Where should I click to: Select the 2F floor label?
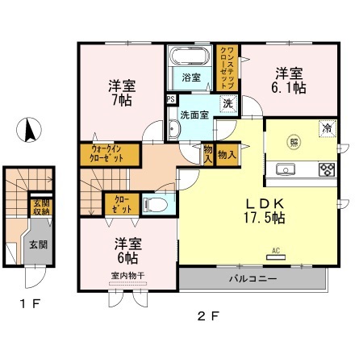(x=208, y=315)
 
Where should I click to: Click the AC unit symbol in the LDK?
(x=276, y=254)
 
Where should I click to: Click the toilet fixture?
(x=157, y=207)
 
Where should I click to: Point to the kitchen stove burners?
(x=328, y=169)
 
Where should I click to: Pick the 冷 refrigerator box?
(x=327, y=128)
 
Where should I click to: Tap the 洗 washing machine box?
(x=228, y=103)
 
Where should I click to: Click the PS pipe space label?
(x=170, y=99)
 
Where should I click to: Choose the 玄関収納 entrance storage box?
(x=40, y=207)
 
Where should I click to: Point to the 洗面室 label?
(x=194, y=115)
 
